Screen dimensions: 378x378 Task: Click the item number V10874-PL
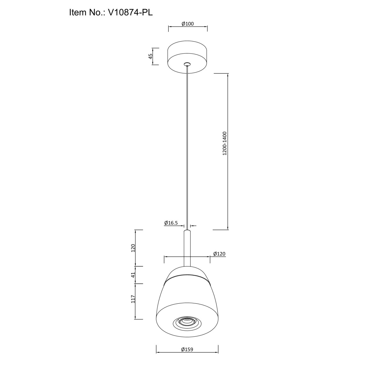click(130, 13)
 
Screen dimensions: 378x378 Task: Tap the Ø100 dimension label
click(187, 24)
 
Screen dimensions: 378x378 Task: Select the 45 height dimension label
click(151, 56)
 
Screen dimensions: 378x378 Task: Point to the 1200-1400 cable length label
click(225, 143)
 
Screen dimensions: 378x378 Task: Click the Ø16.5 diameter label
click(171, 223)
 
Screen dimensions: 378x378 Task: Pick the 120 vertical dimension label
click(133, 248)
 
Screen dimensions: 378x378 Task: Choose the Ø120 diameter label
click(219, 254)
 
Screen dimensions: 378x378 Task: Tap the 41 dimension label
click(133, 275)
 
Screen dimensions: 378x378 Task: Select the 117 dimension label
click(133, 304)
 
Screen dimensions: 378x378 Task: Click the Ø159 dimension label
click(187, 349)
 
